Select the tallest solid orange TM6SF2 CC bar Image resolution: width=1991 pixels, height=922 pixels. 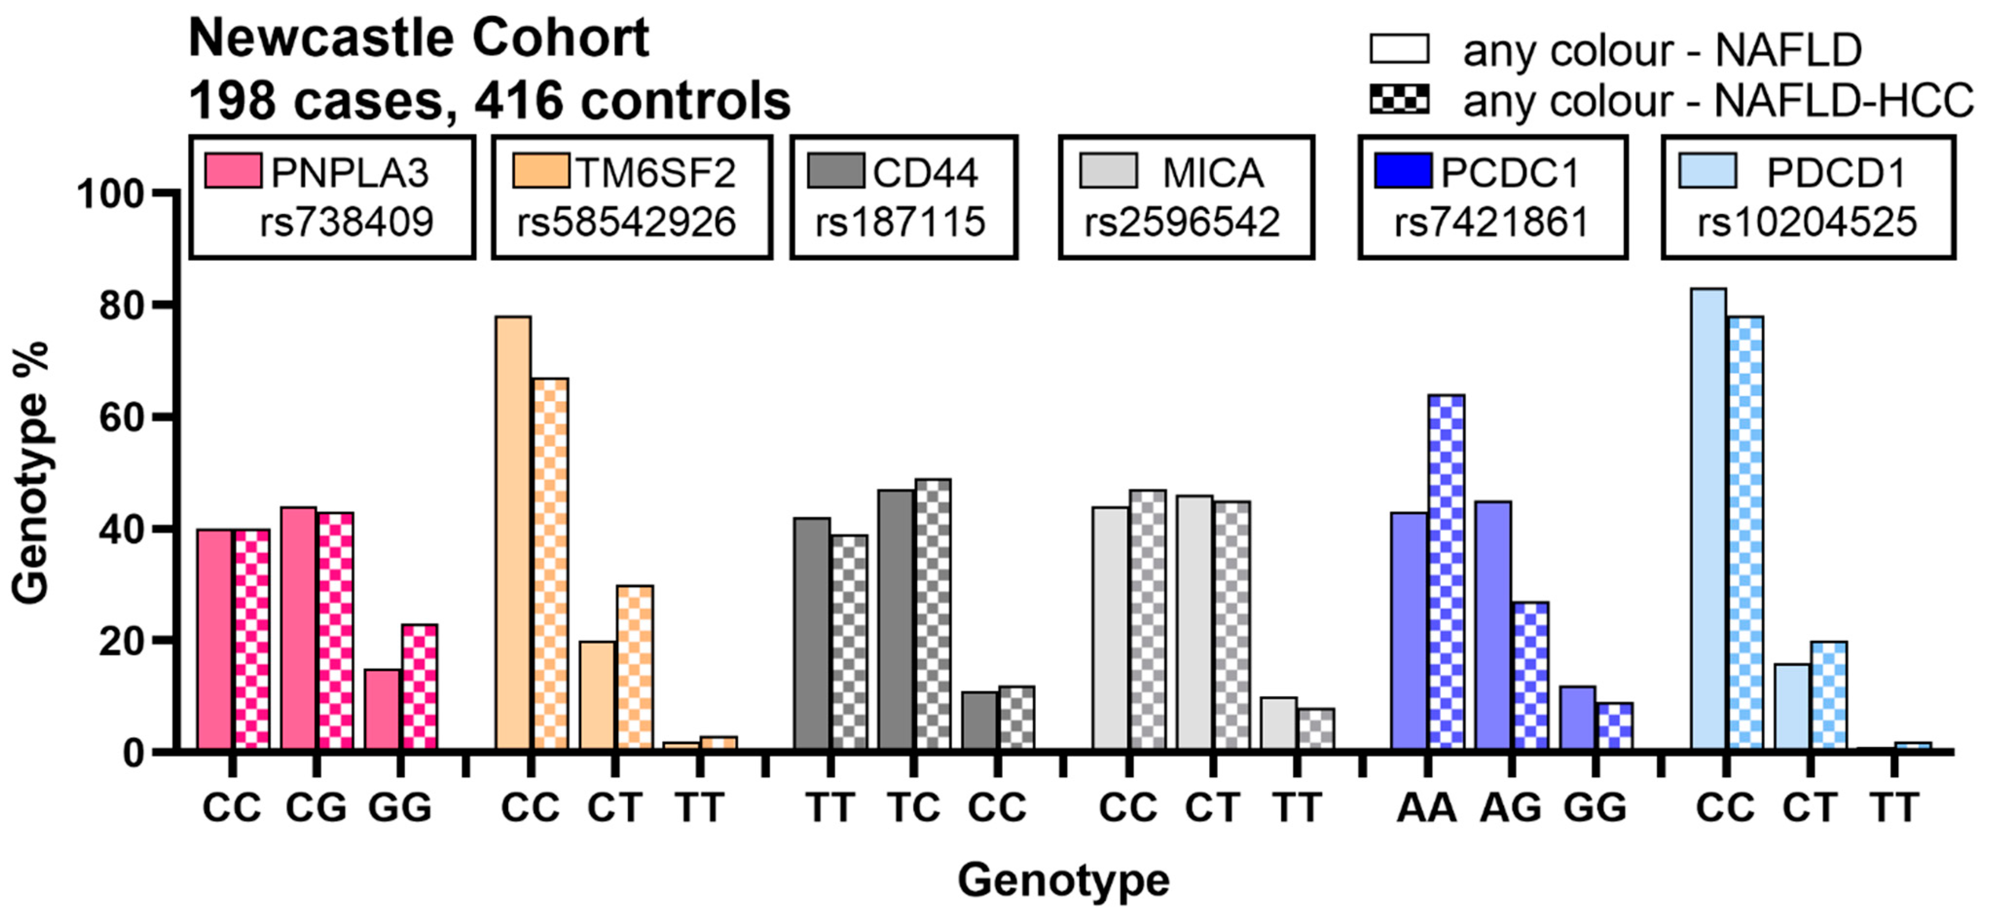513,533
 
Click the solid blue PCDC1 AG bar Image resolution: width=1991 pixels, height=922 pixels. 1493,626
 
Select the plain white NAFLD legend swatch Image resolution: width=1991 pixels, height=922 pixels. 1399,49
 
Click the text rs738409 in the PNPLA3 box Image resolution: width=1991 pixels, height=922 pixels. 346,222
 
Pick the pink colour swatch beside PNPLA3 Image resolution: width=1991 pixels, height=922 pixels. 233,171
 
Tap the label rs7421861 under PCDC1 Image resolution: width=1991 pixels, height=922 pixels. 1492,222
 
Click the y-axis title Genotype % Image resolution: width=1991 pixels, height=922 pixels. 31,473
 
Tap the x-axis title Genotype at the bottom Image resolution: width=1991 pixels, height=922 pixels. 1063,880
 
